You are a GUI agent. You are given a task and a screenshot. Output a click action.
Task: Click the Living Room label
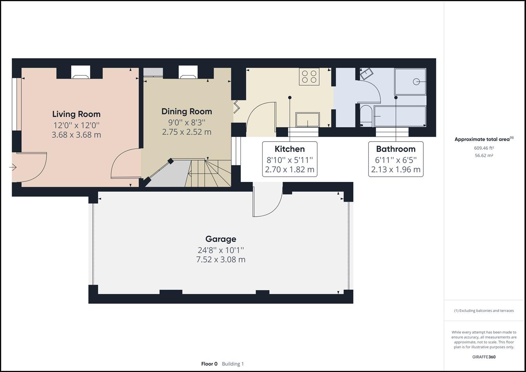[76, 114]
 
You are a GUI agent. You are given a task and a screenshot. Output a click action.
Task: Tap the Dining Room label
[186, 111]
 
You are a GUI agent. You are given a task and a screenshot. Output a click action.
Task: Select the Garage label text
[220, 239]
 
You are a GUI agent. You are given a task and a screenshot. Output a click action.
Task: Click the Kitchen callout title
[289, 149]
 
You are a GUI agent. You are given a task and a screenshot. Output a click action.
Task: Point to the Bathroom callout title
[395, 149]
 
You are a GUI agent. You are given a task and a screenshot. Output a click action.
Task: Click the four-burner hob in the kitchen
[309, 76]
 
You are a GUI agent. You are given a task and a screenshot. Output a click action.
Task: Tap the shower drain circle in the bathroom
[416, 82]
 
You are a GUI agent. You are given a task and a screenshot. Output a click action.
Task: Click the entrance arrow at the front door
[13, 167]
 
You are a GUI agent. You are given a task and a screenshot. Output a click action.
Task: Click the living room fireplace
[81, 73]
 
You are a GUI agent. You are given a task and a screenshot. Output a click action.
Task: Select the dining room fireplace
[188, 73]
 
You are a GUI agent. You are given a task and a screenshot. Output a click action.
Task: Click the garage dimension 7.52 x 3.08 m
[220, 259]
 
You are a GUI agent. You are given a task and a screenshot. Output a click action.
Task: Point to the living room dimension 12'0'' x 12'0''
[76, 125]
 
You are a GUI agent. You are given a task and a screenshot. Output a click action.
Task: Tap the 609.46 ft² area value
[484, 148]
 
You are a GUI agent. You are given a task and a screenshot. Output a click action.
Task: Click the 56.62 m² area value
[484, 155]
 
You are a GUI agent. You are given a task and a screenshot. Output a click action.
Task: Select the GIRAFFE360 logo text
[484, 357]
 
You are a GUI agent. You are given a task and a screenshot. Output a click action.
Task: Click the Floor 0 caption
[209, 364]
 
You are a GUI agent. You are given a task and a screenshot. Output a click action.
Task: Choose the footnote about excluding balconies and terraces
[484, 311]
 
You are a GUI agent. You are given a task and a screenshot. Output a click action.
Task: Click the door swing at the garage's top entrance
[267, 203]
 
